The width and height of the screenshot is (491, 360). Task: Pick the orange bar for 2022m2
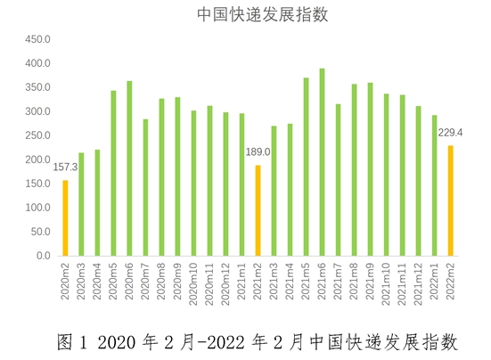click(x=451, y=200)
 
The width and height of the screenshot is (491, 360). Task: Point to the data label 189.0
click(x=258, y=152)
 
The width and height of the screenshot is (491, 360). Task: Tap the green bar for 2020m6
click(x=129, y=168)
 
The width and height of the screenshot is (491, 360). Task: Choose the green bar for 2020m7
click(x=145, y=187)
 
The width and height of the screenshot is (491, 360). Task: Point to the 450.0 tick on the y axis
click(x=37, y=40)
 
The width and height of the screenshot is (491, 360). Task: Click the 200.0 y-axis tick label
click(x=37, y=160)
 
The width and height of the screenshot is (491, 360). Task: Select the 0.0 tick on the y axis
click(x=43, y=256)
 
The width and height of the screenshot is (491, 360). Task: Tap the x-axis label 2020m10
click(x=194, y=282)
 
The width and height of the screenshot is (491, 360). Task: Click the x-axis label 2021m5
click(x=307, y=281)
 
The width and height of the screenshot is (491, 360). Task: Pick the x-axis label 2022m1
click(x=436, y=281)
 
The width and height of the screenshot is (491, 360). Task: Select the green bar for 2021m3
click(x=274, y=191)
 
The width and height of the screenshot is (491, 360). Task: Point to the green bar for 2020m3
click(x=81, y=204)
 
